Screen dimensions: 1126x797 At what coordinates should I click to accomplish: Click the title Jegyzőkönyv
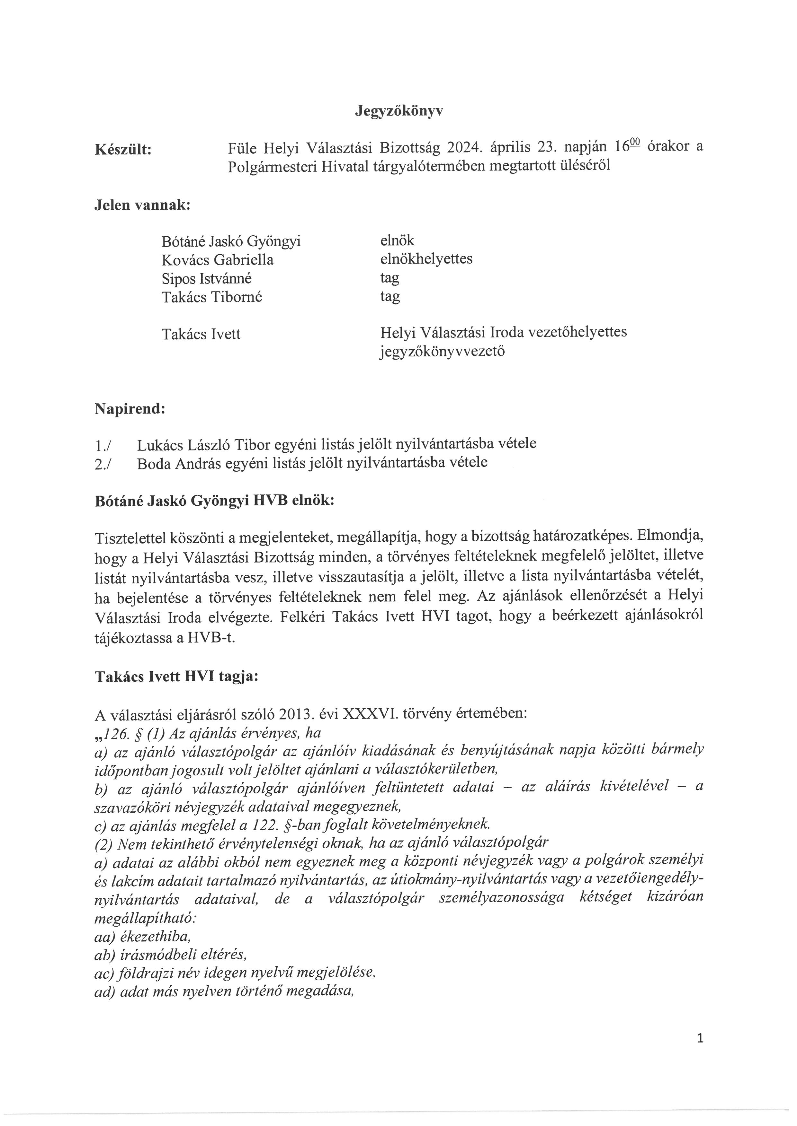[x=398, y=112]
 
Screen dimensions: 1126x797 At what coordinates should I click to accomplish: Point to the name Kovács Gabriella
[x=218, y=260]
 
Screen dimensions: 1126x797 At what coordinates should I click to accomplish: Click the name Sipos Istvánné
[x=207, y=279]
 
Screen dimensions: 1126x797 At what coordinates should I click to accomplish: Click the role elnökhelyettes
[x=426, y=258]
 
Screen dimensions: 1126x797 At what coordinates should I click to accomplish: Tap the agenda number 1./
[x=103, y=446]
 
